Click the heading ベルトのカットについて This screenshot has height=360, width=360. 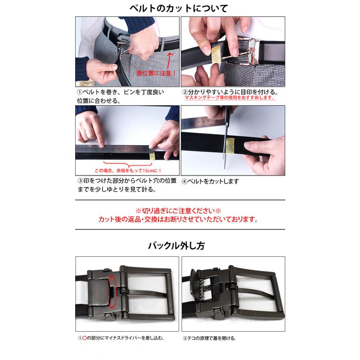tap(179, 8)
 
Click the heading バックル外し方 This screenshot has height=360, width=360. tap(176, 246)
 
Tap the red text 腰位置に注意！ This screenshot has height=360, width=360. tap(156, 73)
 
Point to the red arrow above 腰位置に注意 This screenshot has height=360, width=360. tap(169, 60)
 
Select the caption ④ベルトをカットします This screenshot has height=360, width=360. tap(210, 181)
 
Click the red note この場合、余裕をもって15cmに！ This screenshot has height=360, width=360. tap(128, 170)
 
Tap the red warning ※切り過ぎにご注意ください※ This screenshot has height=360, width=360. tap(178, 210)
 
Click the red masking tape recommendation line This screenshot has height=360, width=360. tap(230, 98)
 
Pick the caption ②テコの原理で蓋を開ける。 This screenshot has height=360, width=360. tap(209, 338)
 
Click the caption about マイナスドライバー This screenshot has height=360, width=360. tap(121, 338)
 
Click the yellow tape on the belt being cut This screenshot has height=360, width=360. tap(230, 146)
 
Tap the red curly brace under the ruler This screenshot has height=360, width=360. tap(128, 164)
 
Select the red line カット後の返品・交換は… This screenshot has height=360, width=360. tap(178, 219)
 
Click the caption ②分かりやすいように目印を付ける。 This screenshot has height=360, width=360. tap(230, 92)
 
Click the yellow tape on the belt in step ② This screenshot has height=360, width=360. tap(216, 54)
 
